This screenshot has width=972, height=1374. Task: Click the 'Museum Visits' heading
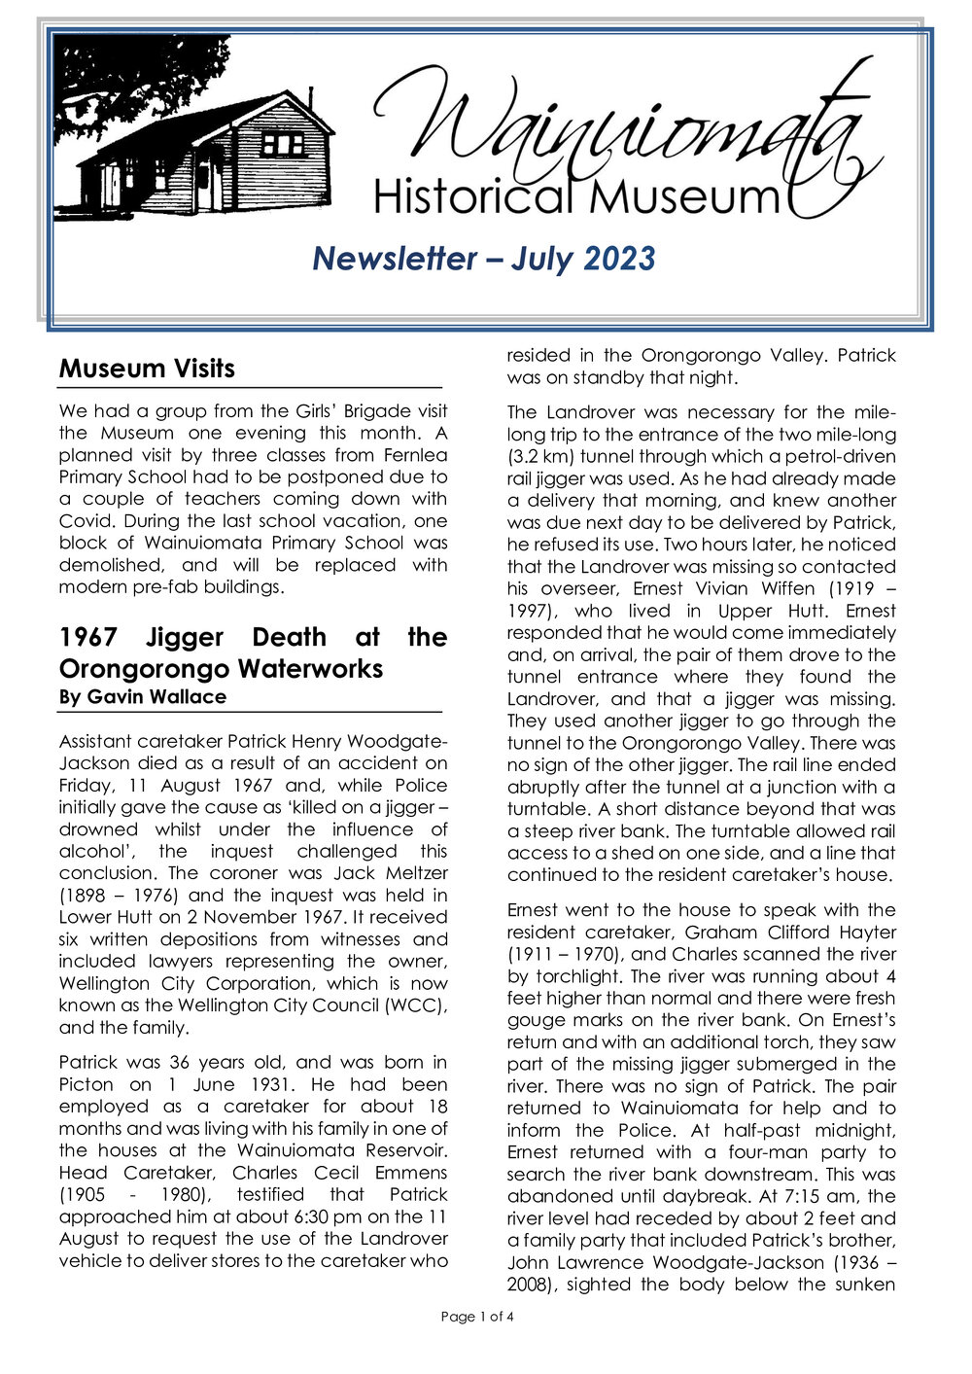pyautogui.click(x=147, y=369)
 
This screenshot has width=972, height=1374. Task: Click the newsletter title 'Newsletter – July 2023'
pyautogui.click(x=484, y=259)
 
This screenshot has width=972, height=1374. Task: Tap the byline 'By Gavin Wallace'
pyautogui.click(x=142, y=697)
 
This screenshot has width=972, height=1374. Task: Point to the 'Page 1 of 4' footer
pyautogui.click(x=477, y=1317)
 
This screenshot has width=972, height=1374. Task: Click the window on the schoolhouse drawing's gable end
pyautogui.click(x=283, y=144)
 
